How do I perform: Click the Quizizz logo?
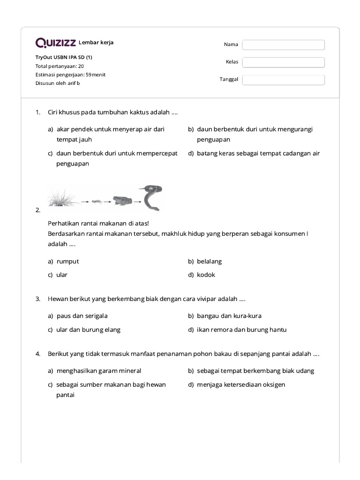[x=56, y=43]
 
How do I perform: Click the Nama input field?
[x=283, y=45]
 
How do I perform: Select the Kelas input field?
[x=283, y=62]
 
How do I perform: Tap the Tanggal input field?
[x=283, y=80]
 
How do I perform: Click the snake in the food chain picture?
[x=152, y=196]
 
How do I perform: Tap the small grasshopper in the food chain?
[x=96, y=202]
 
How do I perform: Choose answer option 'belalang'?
[x=209, y=261]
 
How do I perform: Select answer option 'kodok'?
[x=206, y=275]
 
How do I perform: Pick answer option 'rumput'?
[x=67, y=261]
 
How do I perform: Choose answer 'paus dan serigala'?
[x=82, y=316]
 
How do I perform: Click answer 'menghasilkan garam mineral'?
[x=98, y=371]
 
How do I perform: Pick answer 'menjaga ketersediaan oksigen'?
[x=240, y=384]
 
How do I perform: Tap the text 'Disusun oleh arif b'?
[x=58, y=83]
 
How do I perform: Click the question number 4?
[x=37, y=354]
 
